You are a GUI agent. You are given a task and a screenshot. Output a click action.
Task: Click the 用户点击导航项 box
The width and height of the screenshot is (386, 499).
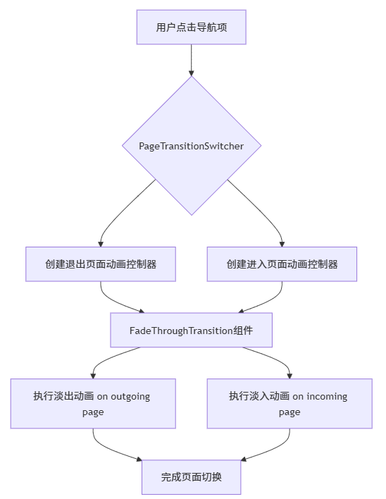click(x=191, y=27)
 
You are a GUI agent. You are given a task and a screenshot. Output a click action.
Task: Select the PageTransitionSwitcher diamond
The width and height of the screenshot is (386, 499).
click(x=191, y=146)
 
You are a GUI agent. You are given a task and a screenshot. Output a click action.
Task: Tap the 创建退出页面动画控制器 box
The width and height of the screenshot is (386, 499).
click(x=101, y=264)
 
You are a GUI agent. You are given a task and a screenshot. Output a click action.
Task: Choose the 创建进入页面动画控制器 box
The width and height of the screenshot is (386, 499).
click(x=282, y=264)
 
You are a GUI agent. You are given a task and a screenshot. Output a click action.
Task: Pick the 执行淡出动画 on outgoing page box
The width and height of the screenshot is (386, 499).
click(x=93, y=403)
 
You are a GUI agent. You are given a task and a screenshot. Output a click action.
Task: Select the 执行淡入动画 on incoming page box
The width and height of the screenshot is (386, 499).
click(x=289, y=403)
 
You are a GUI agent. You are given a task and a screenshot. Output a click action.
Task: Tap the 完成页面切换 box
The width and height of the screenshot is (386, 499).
click(x=191, y=477)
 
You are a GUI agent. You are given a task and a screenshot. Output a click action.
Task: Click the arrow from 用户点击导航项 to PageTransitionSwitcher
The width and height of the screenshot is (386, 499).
click(x=191, y=60)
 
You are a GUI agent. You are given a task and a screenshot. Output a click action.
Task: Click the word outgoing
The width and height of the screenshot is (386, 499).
click(x=130, y=396)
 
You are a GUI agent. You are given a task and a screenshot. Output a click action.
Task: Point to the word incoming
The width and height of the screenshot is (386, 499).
click(x=327, y=396)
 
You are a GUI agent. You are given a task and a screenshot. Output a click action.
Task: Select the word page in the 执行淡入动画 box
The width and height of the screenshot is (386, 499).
click(x=289, y=412)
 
